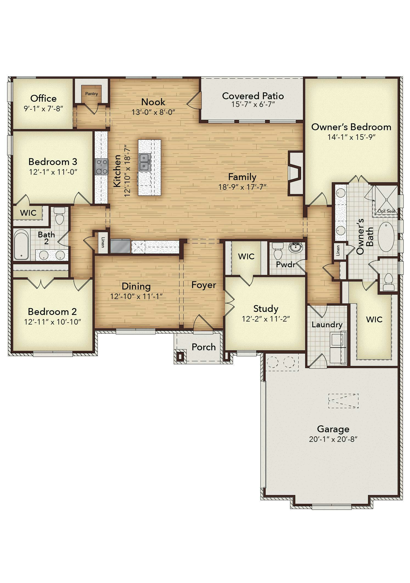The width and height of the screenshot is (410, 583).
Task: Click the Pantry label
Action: point(91,94)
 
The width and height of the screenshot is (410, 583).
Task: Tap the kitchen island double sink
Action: point(145,162)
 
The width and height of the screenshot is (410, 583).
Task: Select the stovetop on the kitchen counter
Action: point(102,167)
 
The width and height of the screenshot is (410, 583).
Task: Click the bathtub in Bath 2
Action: point(21,244)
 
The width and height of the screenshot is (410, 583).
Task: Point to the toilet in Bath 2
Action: point(59,216)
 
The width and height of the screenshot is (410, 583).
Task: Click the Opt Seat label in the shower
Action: point(386,211)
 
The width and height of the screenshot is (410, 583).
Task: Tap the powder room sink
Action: point(295,247)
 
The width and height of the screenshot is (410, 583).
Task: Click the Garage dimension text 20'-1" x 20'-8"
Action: point(333,439)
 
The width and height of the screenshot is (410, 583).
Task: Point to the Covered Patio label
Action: point(253,96)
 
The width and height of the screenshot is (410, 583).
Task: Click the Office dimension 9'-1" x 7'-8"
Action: point(44,109)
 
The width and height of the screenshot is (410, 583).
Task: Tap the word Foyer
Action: point(204,285)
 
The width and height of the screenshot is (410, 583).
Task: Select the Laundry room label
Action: point(327,325)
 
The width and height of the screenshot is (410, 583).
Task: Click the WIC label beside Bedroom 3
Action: point(28,213)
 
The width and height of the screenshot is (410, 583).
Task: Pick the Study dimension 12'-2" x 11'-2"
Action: point(266,319)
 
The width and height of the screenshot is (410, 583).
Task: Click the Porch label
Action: point(204,347)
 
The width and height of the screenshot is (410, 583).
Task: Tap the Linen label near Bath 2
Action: point(103,242)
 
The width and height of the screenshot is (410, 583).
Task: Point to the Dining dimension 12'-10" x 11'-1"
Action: point(136,296)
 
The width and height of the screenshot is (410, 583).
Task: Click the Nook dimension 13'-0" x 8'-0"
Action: point(153,112)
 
